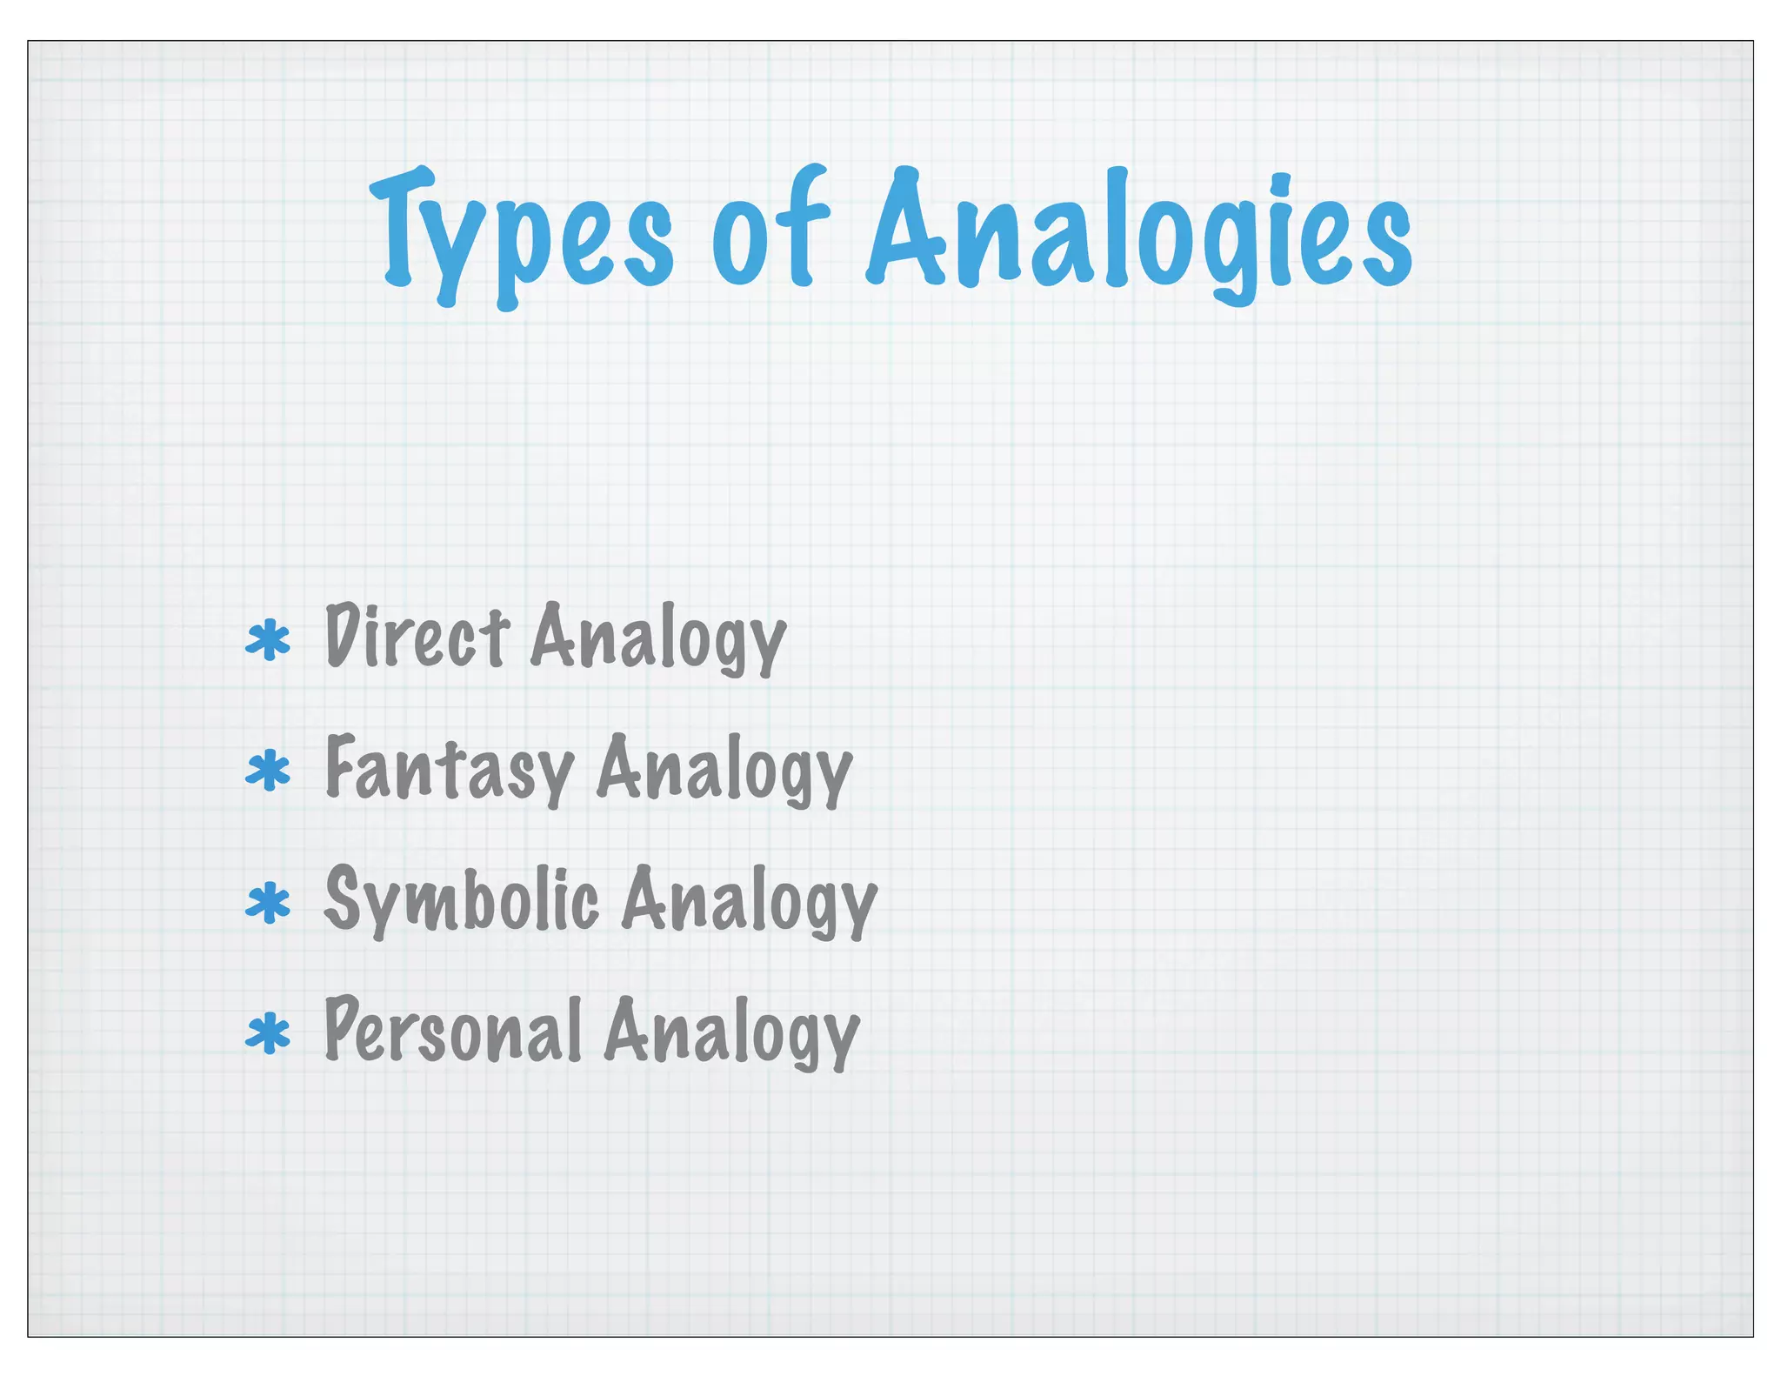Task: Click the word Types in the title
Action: coord(522,233)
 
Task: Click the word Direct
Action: coord(417,637)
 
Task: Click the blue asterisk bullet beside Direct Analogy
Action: coord(268,641)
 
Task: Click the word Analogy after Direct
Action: coord(658,639)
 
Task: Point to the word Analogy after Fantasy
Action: coord(724,771)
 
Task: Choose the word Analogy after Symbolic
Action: coord(749,902)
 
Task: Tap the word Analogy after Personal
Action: coord(731,1033)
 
